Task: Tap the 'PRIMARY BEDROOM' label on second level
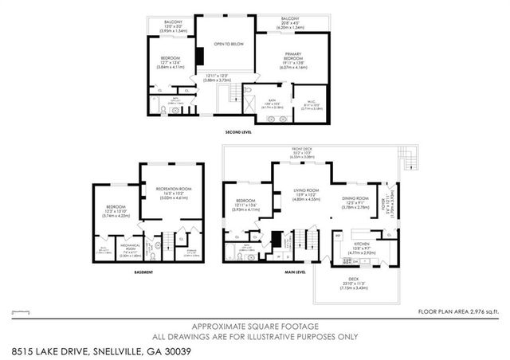pyautogui.click(x=296, y=57)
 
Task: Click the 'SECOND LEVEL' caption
pyautogui.click(x=238, y=131)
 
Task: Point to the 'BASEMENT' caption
pyautogui.click(x=143, y=272)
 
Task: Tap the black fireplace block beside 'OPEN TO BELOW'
pyautogui.click(x=200, y=57)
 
